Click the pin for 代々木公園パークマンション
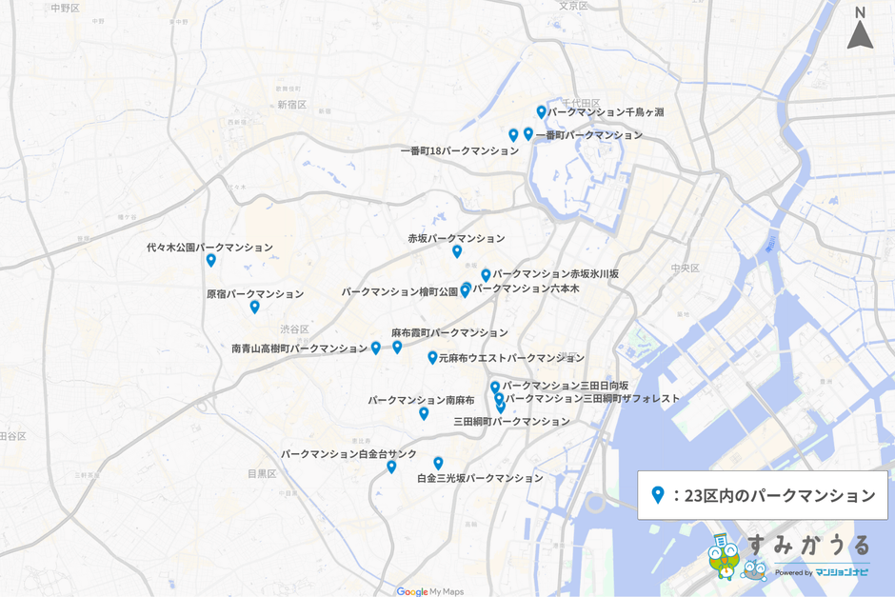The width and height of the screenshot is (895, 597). (211, 260)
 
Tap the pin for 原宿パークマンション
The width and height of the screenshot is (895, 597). (254, 307)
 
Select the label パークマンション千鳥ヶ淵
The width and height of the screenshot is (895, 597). (606, 112)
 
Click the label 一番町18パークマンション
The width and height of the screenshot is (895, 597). (459, 150)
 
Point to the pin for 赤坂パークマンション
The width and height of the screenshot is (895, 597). (457, 251)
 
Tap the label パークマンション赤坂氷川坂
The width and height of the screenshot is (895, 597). (555, 274)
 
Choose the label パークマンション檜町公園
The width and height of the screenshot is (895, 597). (399, 292)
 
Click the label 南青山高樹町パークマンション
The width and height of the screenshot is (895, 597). (299, 348)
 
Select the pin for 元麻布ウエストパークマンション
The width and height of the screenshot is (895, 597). (432, 358)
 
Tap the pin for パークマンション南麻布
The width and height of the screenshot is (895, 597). (424, 413)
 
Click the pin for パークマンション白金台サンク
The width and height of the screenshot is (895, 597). (391, 467)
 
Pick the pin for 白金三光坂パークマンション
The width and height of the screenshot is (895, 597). (438, 463)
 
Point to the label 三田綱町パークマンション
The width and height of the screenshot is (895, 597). (511, 421)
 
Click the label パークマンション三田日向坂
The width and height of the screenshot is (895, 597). (566, 386)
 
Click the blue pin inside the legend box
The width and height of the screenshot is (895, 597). (657, 495)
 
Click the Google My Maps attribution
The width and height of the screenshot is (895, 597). (429, 591)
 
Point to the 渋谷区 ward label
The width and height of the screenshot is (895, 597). (294, 329)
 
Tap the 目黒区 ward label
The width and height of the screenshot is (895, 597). (262, 473)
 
